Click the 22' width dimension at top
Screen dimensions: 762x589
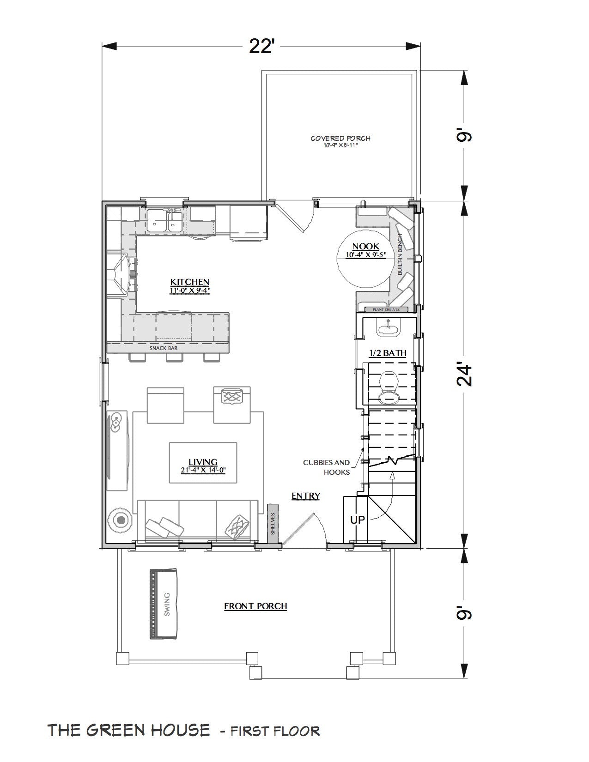pyautogui.click(x=261, y=47)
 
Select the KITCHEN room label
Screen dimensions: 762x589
pyautogui.click(x=190, y=282)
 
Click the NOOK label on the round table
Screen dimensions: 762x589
pyautogui.click(x=365, y=247)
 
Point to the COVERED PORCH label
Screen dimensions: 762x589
pyautogui.click(x=340, y=138)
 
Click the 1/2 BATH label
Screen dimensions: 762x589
pyautogui.click(x=388, y=353)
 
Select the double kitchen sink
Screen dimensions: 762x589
pyautogui.click(x=165, y=221)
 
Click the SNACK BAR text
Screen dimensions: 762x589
pyautogui.click(x=164, y=348)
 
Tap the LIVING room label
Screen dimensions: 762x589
pyautogui.click(x=203, y=462)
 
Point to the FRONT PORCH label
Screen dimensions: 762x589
pyautogui.click(x=255, y=606)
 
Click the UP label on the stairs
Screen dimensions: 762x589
pyautogui.click(x=357, y=520)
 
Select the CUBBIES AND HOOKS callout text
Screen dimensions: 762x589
pyautogui.click(x=326, y=467)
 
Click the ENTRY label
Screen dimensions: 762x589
pyautogui.click(x=306, y=496)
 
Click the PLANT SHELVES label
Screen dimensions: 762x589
pyautogui.click(x=387, y=309)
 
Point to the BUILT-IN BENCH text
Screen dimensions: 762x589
pyautogui.click(x=400, y=254)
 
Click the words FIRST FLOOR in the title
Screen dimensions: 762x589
pyautogui.click(x=274, y=731)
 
